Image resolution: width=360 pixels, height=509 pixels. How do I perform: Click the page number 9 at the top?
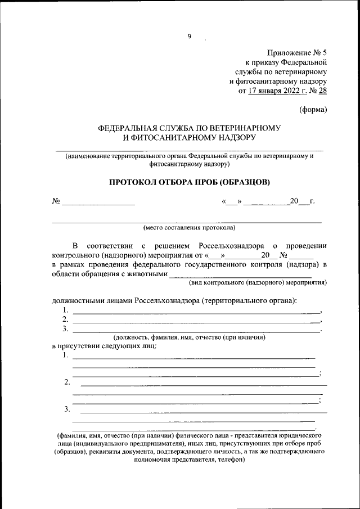click(x=190, y=37)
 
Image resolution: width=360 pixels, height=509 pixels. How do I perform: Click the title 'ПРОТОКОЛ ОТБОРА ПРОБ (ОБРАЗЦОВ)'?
click(x=189, y=182)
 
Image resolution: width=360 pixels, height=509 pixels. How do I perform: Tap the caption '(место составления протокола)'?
click(x=189, y=228)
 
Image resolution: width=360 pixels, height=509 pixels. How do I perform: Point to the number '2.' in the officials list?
click(x=66, y=319)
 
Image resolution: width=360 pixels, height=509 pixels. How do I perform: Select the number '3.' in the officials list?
click(x=66, y=328)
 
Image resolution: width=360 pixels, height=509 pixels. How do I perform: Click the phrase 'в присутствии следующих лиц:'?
click(x=104, y=346)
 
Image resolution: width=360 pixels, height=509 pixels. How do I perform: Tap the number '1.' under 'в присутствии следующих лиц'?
click(x=66, y=355)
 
